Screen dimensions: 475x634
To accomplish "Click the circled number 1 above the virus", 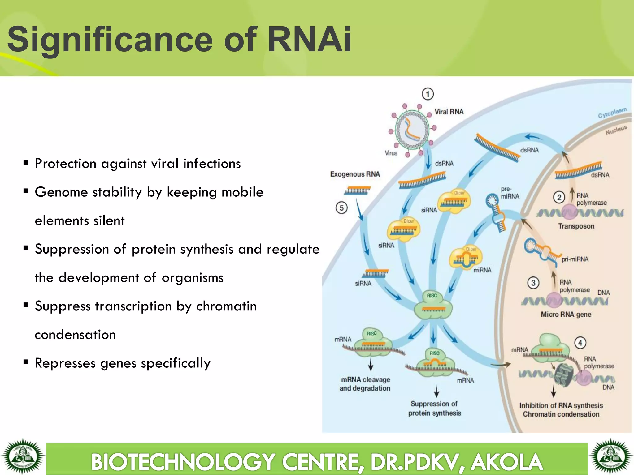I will (x=428, y=94).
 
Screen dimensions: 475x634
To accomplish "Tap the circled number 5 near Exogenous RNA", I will (x=341, y=208).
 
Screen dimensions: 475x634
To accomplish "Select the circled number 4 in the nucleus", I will (x=580, y=343).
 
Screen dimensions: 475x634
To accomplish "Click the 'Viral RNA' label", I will (x=449, y=112).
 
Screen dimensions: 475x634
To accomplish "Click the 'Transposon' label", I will (x=576, y=226).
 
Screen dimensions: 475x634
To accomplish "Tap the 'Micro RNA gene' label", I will (x=566, y=315).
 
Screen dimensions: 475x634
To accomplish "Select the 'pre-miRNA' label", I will (x=510, y=193).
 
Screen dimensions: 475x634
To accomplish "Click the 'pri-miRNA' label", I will (x=575, y=259).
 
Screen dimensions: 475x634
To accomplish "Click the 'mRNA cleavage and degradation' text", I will (x=365, y=384).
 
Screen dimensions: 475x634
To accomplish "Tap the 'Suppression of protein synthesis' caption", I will (x=434, y=408).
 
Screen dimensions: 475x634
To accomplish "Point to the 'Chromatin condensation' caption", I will (x=561, y=414).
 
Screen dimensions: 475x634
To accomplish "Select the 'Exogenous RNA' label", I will (x=355, y=174).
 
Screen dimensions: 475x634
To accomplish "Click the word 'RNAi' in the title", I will (x=309, y=40).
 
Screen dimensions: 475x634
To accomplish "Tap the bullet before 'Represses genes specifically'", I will (x=26, y=362).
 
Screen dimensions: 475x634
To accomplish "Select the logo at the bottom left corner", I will (x=22, y=457).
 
